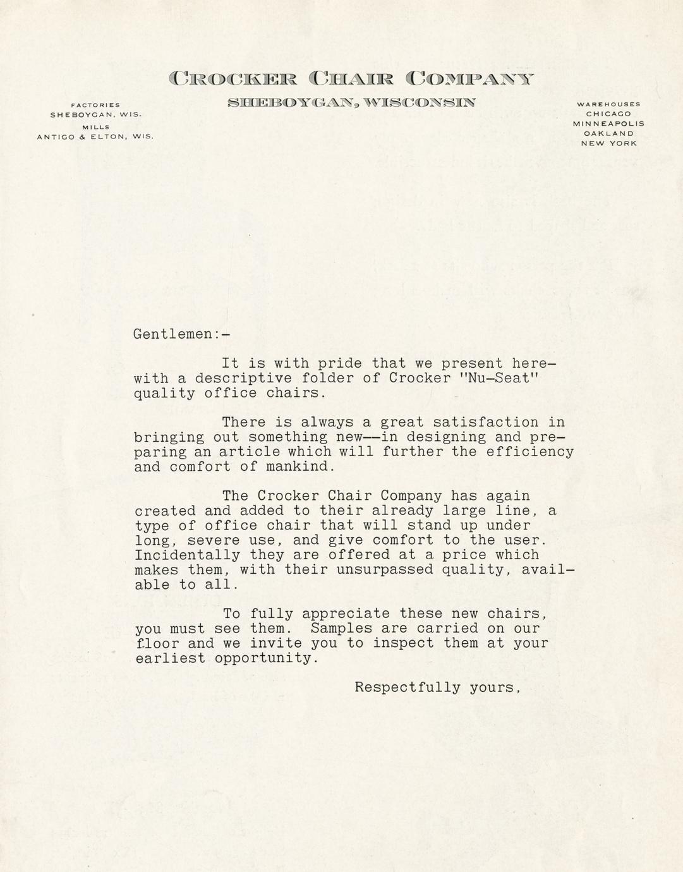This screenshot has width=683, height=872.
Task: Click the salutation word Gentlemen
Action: coord(173,334)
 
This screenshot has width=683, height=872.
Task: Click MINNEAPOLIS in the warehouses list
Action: coord(608,124)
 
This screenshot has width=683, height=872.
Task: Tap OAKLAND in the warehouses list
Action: coord(608,133)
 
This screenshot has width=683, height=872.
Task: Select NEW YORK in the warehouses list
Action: coord(608,143)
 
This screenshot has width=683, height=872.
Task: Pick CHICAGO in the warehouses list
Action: coord(608,114)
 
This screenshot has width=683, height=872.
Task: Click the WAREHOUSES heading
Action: coord(608,104)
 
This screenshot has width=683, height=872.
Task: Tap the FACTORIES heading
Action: coord(95,105)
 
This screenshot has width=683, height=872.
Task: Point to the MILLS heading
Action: coord(95,127)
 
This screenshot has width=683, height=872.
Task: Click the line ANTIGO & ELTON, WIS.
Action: coord(95,136)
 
